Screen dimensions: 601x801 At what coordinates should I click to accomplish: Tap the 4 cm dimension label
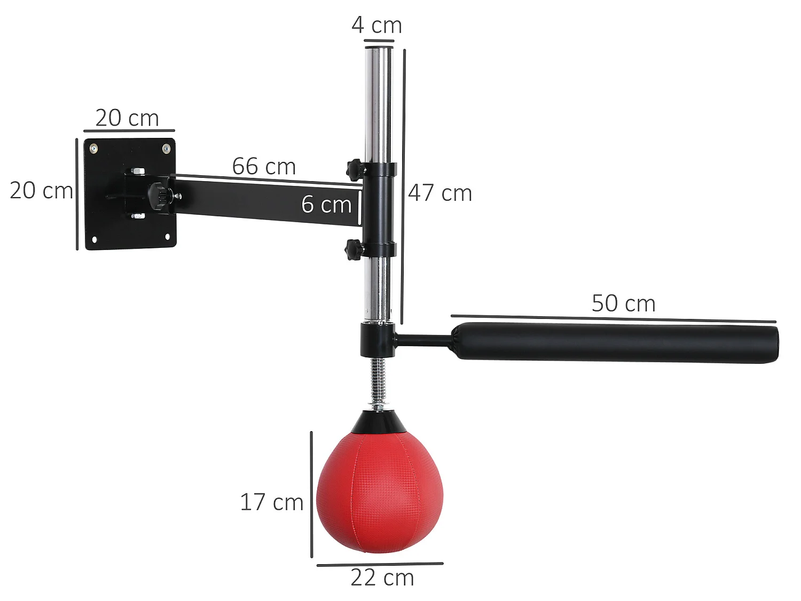[376, 25]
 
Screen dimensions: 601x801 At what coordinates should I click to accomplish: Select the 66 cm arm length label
[264, 167]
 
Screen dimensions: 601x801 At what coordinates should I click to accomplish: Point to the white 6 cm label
[326, 204]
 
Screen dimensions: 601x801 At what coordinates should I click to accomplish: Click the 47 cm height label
[440, 193]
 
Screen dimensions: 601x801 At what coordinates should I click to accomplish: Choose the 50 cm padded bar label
[623, 303]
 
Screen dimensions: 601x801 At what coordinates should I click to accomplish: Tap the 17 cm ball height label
[271, 502]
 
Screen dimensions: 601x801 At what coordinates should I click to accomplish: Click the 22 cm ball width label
[382, 577]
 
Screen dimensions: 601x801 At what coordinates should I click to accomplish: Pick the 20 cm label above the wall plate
[127, 118]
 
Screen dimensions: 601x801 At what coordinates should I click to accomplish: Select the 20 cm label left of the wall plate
[41, 190]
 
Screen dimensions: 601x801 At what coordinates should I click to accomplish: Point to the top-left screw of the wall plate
[94, 149]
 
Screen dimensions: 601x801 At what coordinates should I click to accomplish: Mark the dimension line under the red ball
[380, 564]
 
